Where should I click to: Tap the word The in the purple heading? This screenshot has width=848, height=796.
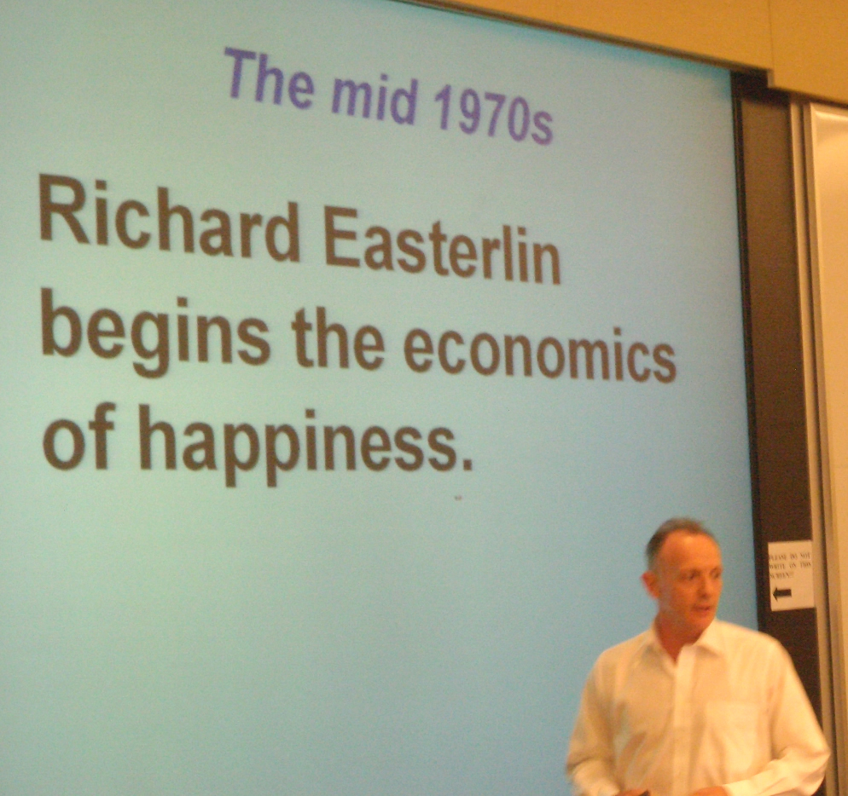click(268, 77)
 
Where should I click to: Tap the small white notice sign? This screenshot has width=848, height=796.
click(790, 575)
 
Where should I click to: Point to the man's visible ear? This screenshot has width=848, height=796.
click(653, 586)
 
